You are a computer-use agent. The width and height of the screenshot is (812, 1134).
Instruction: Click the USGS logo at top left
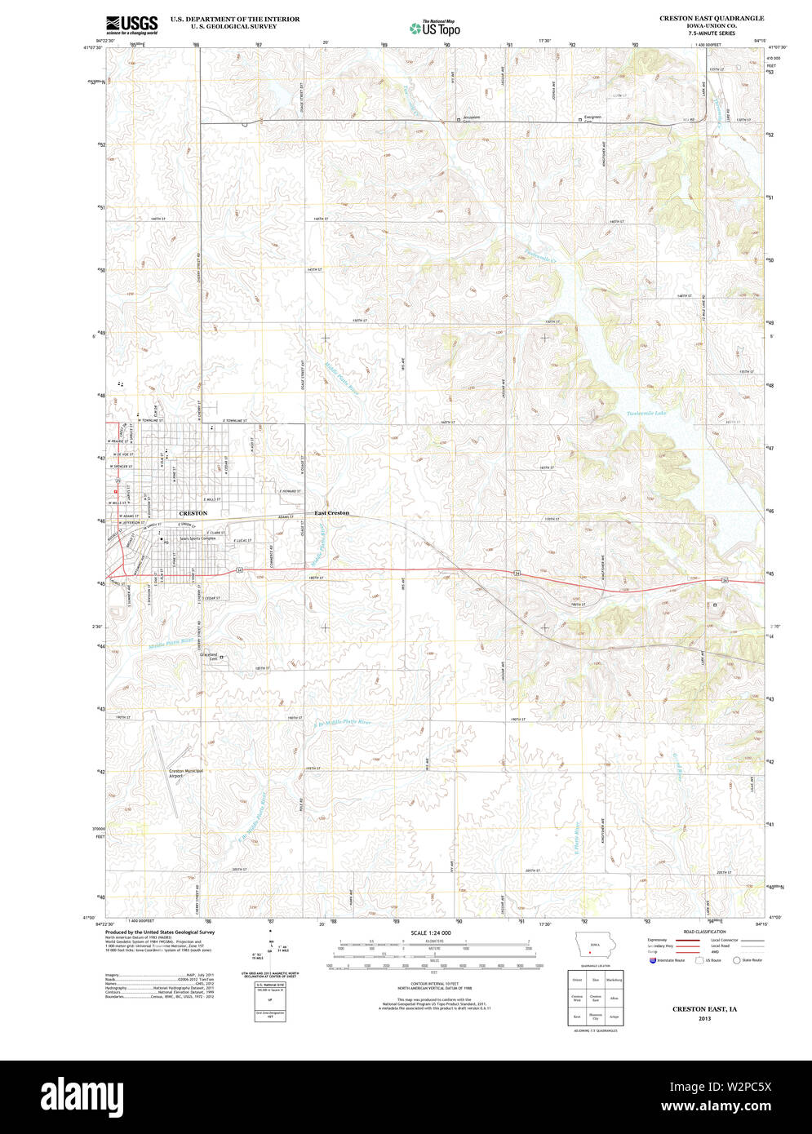pyautogui.click(x=131, y=24)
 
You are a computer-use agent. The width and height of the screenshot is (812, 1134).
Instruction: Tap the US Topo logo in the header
pyautogui.click(x=435, y=27)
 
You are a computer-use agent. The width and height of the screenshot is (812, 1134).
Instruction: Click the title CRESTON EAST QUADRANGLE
pyautogui.click(x=700, y=17)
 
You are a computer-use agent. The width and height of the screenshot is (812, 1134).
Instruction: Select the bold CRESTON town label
pyautogui.click(x=192, y=512)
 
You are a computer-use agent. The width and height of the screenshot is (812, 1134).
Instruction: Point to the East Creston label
pyautogui.click(x=332, y=512)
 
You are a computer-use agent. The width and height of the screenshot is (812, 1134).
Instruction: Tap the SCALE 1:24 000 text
pyautogui.click(x=430, y=932)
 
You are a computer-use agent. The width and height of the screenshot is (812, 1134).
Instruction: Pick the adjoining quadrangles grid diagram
pyautogui.click(x=596, y=997)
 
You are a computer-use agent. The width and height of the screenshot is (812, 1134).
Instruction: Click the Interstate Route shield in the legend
pyautogui.click(x=653, y=960)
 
